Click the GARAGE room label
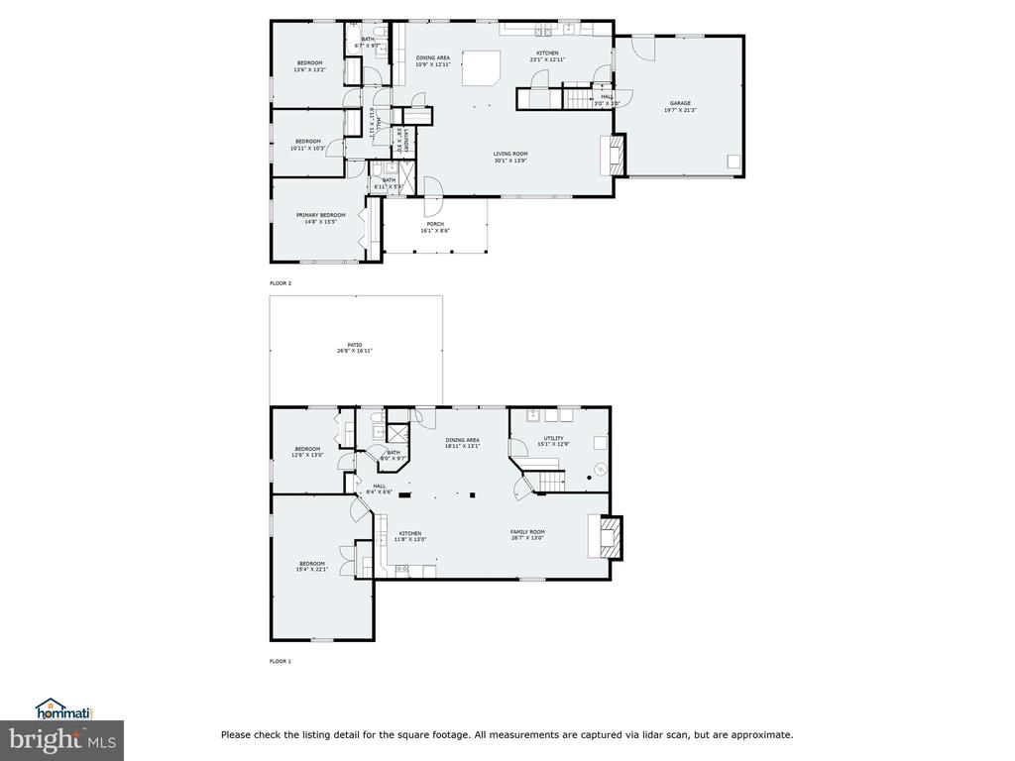pyautogui.click(x=679, y=103)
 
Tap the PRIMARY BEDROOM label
pyautogui.click(x=320, y=215)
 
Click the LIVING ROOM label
pyautogui.click(x=510, y=154)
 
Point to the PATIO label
pyautogui.click(x=354, y=345)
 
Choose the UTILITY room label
pyautogui.click(x=553, y=438)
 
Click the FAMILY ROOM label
pyautogui.click(x=527, y=532)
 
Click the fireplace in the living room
pyautogui.click(x=614, y=155)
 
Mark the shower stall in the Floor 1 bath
pyautogui.click(x=397, y=435)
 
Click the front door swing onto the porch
pyautogui.click(x=433, y=187)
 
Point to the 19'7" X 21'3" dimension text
pyautogui.click(x=679, y=110)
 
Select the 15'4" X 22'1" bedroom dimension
pyautogui.click(x=311, y=570)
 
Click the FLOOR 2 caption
pyautogui.click(x=281, y=283)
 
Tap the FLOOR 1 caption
pyautogui.click(x=281, y=661)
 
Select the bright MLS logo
pyautogui.click(x=61, y=739)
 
